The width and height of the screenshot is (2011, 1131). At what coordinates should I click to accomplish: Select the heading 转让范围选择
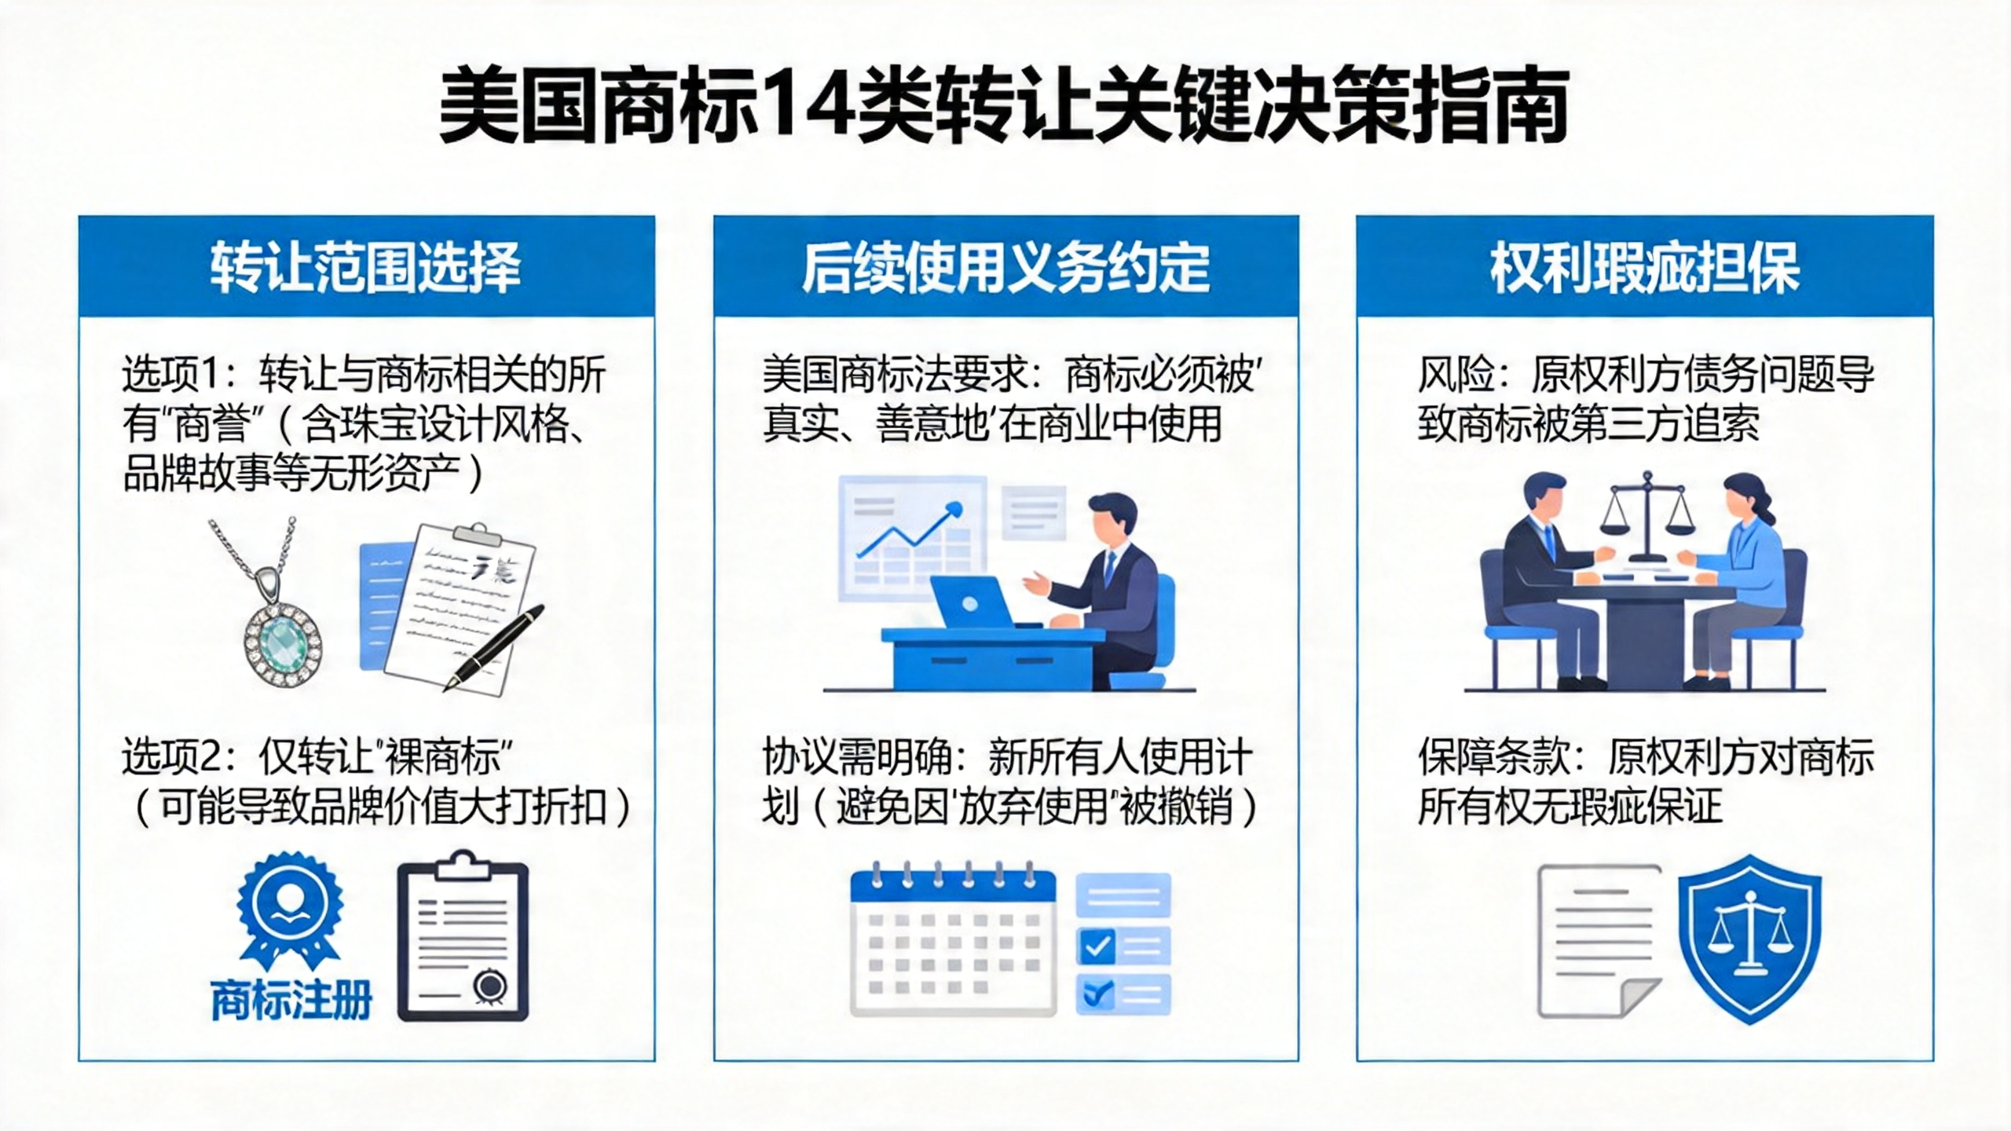[x=366, y=268]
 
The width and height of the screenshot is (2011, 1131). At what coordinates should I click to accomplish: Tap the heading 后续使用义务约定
[x=1005, y=268]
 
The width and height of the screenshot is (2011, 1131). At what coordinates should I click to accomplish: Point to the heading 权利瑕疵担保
[x=1645, y=268]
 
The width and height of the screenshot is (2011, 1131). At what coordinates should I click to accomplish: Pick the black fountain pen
[x=495, y=646]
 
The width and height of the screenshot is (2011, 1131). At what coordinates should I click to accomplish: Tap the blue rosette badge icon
[x=291, y=911]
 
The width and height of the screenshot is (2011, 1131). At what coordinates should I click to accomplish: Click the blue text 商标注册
[x=291, y=1000]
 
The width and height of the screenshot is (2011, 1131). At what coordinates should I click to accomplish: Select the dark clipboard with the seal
[x=463, y=935]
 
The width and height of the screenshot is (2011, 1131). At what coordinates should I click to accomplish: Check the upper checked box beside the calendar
[x=1097, y=946]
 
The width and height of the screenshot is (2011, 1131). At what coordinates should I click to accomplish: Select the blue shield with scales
[x=1749, y=939]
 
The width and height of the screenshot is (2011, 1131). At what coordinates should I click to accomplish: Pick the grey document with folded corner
[x=1599, y=941]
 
